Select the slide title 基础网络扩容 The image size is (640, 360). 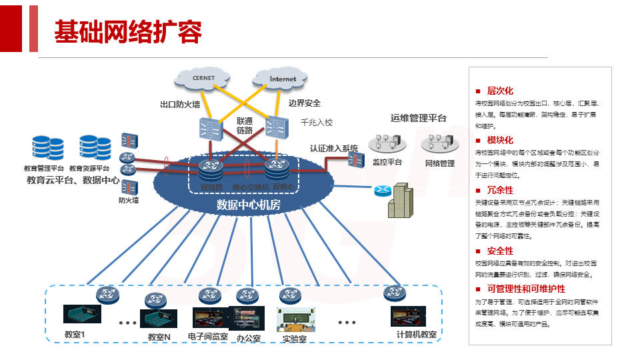click(127, 31)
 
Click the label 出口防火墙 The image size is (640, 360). click(180, 105)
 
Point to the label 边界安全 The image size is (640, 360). click(305, 103)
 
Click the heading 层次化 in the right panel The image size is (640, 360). click(500, 91)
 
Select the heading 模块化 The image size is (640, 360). click(500, 141)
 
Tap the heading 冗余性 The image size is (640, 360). click(500, 191)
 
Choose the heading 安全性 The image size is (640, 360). click(500, 251)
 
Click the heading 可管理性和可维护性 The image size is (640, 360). click(526, 289)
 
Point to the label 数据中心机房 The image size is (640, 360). click(249, 205)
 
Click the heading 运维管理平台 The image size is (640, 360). click(419, 118)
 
